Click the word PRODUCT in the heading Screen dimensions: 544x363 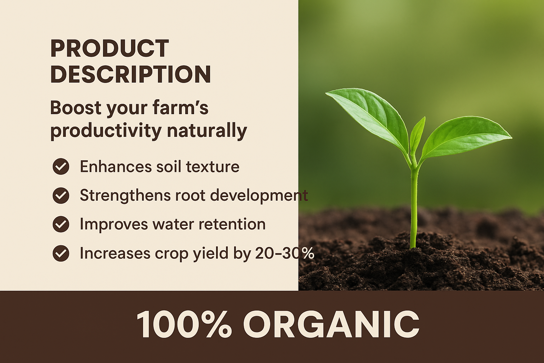pos(109,48)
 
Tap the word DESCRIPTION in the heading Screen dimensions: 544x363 pos(131,74)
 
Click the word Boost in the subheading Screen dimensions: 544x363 pos(75,107)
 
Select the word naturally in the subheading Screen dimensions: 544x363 pos(207,131)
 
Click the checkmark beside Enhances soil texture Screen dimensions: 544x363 pos(61,166)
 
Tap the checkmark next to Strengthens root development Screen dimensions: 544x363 pos(61,195)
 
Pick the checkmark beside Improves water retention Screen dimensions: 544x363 pos(61,224)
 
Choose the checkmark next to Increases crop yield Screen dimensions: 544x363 pos(61,253)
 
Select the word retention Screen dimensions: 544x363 pos(232,224)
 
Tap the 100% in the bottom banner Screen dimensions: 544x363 pos(184,324)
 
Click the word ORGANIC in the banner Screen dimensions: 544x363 pos(331,324)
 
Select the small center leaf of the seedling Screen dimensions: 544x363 pos(417,135)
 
